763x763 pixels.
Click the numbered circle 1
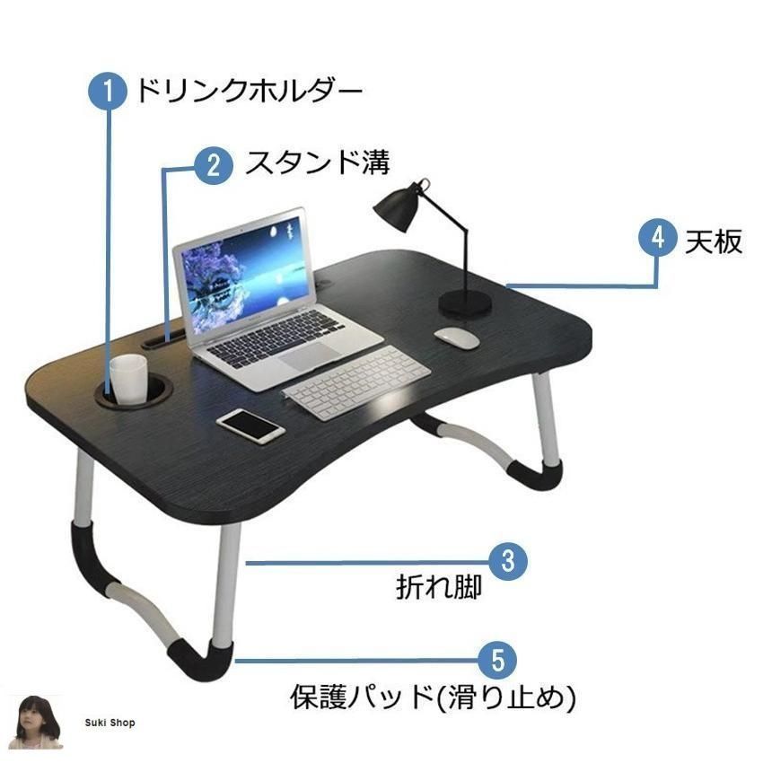tap(108, 92)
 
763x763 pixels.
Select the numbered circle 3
tap(507, 561)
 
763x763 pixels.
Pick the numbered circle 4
tap(658, 238)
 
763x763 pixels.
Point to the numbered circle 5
tap(497, 661)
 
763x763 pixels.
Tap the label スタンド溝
tap(318, 162)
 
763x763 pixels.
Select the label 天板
tap(714, 241)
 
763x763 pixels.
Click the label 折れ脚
tap(438, 587)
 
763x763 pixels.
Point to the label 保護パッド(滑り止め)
tap(433, 697)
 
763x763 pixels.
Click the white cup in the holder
tap(128, 378)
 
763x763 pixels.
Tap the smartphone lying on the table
tap(250, 426)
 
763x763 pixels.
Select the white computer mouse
tap(456, 338)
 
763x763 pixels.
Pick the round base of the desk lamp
tap(465, 303)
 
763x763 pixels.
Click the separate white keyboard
tap(356, 382)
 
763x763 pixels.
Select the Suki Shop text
tap(110, 723)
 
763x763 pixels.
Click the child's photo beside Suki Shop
tap(37, 722)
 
